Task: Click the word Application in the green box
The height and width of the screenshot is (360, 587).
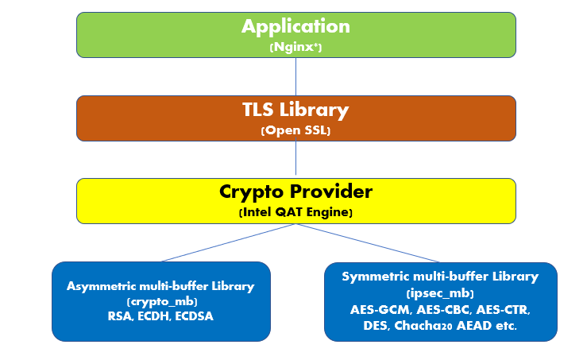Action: pyautogui.click(x=295, y=27)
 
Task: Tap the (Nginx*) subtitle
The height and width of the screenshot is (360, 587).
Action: pyautogui.click(x=295, y=47)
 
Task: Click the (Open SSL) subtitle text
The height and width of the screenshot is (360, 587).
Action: pyautogui.click(x=295, y=130)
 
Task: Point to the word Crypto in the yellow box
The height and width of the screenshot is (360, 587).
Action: pyautogui.click(x=252, y=192)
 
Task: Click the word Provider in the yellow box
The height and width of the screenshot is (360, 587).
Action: pyautogui.click(x=332, y=192)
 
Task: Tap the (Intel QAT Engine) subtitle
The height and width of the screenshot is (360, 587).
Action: pyautogui.click(x=295, y=212)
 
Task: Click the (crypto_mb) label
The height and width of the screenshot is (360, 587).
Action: pyautogui.click(x=162, y=301)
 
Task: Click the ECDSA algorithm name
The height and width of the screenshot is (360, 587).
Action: pyautogui.click(x=195, y=316)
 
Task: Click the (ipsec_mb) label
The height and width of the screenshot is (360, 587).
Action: pyautogui.click(x=440, y=293)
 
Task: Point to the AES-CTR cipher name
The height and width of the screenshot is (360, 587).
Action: pyautogui.click(x=503, y=310)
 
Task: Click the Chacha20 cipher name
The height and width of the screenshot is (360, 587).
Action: pyautogui.click(x=423, y=326)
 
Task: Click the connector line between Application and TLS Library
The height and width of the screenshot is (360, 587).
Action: pyautogui.click(x=295, y=77)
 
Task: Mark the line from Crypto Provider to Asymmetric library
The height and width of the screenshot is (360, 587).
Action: pyautogui.click(x=229, y=242)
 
